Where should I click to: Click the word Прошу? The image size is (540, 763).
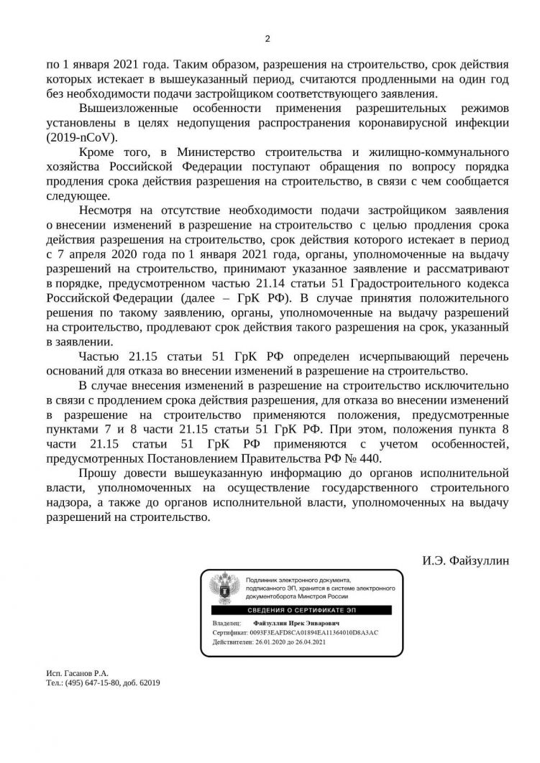coord(96,474)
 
